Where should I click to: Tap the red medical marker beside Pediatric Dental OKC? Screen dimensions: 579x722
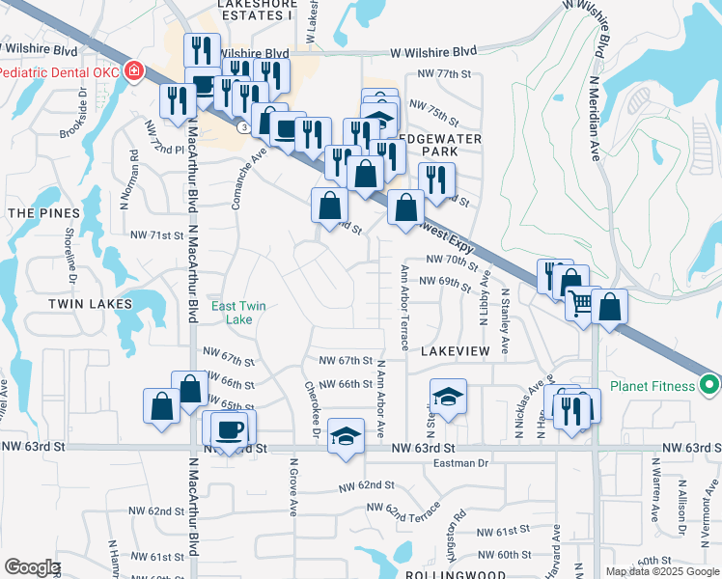(x=132, y=71)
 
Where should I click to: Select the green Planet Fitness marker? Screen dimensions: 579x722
(x=710, y=386)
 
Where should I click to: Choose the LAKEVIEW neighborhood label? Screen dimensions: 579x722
(x=456, y=352)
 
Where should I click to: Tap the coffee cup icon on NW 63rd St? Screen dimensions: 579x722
(x=229, y=429)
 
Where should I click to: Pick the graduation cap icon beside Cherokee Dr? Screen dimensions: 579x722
(x=346, y=435)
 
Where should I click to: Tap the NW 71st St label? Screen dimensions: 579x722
(x=156, y=234)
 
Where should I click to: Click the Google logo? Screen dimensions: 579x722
(x=32, y=567)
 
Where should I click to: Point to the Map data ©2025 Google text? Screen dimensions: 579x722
(x=661, y=571)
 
